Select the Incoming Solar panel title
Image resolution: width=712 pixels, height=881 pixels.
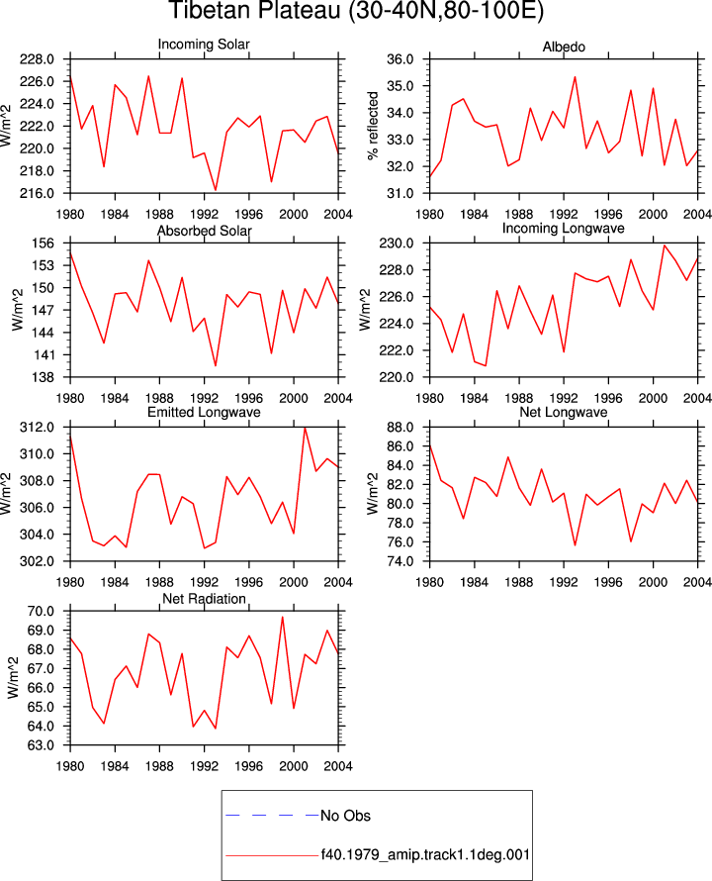coord(204,44)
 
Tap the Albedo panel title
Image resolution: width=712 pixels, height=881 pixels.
coord(564,47)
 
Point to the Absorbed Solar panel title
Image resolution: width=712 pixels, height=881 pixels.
coord(204,231)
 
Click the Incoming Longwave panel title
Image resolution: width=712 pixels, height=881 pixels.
coord(564,228)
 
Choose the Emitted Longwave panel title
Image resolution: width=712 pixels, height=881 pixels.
coord(204,412)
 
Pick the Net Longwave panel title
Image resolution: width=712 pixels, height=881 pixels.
coord(564,412)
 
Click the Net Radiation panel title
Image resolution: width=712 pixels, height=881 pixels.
coord(204,599)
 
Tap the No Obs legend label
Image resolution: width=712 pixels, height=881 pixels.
coord(345,816)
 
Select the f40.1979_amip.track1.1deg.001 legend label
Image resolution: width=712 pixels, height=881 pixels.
coord(425,855)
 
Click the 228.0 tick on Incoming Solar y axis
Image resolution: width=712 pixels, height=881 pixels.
coord(38,59)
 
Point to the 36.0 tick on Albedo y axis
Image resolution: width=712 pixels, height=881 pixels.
coord(400,59)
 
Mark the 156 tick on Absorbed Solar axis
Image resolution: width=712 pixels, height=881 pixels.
coord(44,244)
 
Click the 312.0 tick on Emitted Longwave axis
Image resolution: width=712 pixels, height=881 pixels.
coord(38,427)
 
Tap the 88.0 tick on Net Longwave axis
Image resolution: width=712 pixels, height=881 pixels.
coord(400,427)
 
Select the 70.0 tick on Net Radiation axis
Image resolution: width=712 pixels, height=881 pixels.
coord(41,611)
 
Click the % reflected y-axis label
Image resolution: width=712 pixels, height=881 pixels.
coord(373,126)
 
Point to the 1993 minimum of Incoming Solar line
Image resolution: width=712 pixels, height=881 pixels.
coord(216,190)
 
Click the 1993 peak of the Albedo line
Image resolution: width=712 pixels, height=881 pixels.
coord(575,77)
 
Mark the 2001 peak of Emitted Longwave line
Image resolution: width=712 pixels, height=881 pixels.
coord(305,428)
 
